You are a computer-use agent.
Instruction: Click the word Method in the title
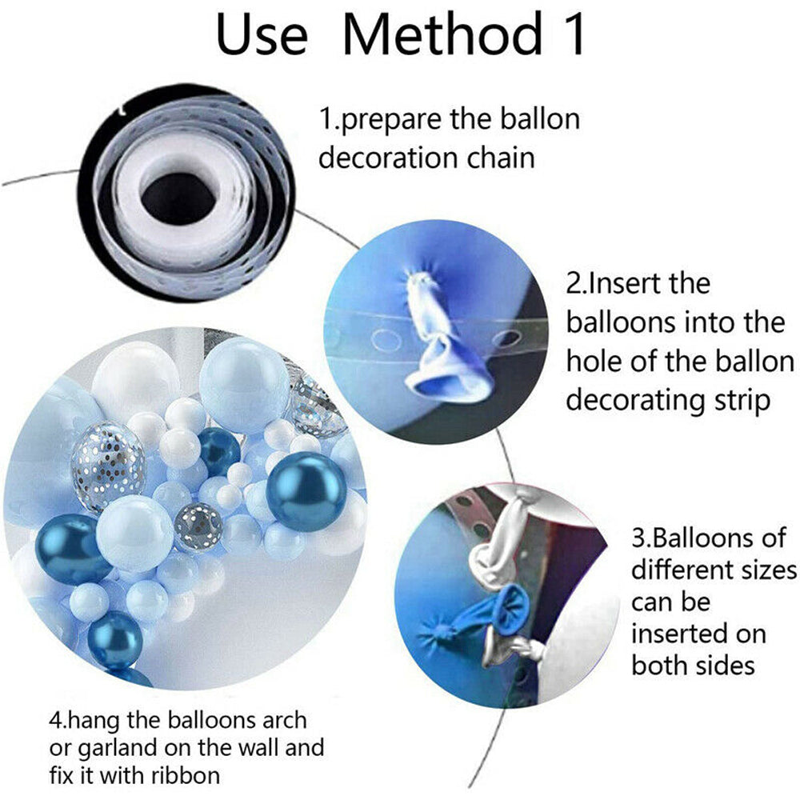[x=442, y=34]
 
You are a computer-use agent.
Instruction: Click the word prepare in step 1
[x=391, y=121]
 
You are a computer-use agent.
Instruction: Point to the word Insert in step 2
[x=649, y=283]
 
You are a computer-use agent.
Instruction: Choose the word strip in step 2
[x=742, y=401]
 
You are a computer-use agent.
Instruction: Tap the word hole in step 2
[x=594, y=361]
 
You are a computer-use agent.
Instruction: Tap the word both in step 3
[x=659, y=666]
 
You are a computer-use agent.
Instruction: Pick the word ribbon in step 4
[x=186, y=775]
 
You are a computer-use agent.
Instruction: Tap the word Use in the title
[x=262, y=34]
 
